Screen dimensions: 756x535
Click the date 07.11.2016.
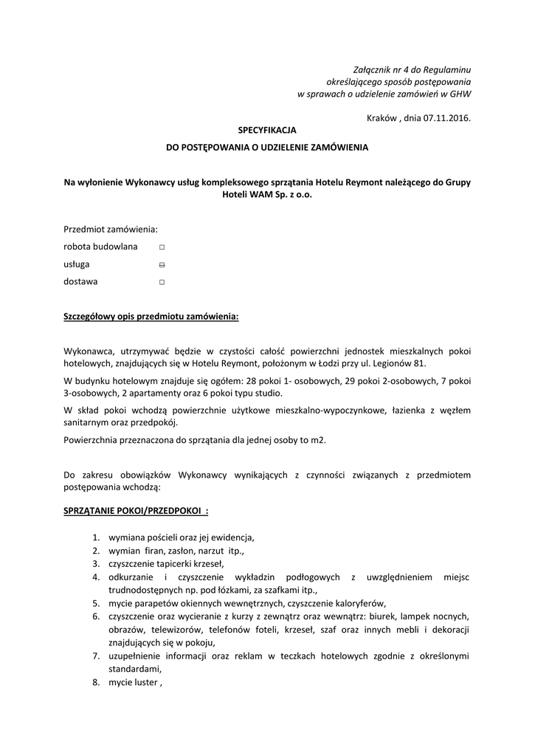click(447, 117)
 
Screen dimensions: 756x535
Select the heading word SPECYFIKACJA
click(266, 130)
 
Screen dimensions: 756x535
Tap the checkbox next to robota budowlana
click(162, 247)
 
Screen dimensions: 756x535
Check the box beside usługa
click(162, 264)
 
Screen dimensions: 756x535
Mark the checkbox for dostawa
click(162, 282)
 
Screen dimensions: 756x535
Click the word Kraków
click(382, 117)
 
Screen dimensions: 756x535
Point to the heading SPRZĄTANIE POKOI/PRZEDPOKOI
click(136, 511)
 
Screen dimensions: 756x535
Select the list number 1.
click(96, 537)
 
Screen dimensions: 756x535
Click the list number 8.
click(96, 682)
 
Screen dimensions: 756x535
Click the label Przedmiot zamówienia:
click(111, 229)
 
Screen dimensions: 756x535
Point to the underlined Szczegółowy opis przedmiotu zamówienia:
click(151, 317)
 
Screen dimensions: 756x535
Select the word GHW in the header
click(460, 94)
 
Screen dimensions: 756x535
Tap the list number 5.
click(96, 602)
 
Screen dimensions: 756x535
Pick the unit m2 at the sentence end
click(317, 441)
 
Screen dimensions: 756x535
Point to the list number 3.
click(96, 563)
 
